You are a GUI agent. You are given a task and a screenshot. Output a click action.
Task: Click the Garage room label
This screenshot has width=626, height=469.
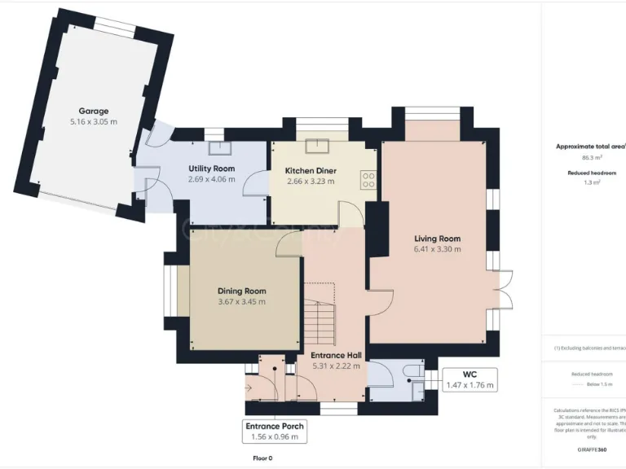[93, 111]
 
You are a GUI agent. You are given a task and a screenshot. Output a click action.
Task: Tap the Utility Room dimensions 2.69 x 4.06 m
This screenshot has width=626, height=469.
[211, 179]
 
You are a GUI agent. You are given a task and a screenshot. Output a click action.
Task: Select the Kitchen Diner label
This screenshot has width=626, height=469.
[311, 170]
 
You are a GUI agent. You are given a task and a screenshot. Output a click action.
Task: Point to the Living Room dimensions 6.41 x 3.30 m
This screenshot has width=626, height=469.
[437, 249]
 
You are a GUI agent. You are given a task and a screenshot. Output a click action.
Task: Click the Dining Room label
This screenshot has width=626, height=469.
[241, 291]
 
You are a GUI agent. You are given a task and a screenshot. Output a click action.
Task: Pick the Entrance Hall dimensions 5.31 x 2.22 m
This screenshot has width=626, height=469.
[335, 366]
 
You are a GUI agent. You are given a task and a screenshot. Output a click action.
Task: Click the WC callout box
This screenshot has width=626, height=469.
[469, 379]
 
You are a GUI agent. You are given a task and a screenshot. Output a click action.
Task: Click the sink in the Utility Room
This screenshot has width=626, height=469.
[218, 148]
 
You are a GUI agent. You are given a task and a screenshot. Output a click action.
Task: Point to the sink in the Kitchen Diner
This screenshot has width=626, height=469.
[314, 147]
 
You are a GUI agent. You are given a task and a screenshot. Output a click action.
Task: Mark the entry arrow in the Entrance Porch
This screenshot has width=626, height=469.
[249, 388]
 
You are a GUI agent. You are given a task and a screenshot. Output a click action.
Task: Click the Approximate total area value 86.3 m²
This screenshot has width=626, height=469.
[591, 158]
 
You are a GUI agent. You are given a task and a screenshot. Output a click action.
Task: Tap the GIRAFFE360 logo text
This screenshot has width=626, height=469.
[591, 449]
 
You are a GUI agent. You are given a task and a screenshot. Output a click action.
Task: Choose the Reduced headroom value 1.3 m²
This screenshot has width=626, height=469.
[591, 183]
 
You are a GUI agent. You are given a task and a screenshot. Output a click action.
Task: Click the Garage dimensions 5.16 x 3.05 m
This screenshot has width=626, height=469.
[93, 122]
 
